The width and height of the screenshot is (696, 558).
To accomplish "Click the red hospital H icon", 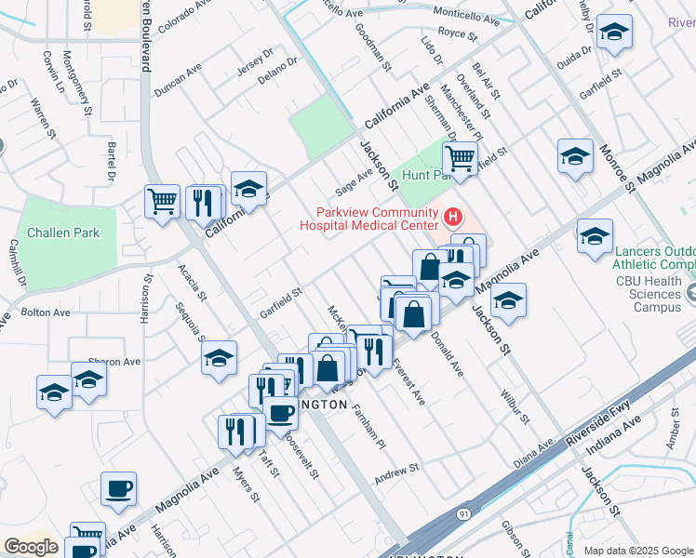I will [453, 218].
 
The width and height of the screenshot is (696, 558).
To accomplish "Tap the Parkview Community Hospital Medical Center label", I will [368, 218].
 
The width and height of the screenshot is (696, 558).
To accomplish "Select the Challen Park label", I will [62, 232].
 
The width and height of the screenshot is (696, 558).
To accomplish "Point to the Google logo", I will [30, 546].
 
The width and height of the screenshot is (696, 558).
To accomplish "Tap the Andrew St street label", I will [397, 474].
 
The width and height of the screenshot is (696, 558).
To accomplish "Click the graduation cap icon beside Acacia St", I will [219, 360].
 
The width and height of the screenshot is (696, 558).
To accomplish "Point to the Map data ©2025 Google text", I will [637, 551].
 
